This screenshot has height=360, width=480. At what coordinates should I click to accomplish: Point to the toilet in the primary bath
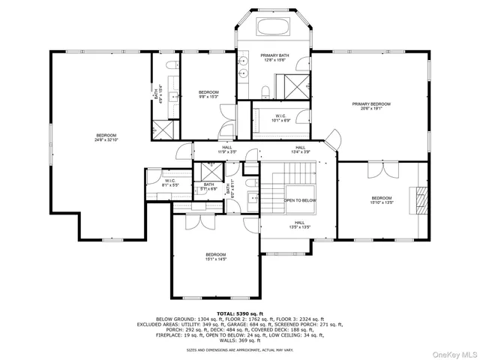pyautogui.click(x=265, y=91)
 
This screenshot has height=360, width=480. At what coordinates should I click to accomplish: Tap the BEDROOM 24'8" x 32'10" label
pyautogui.click(x=105, y=137)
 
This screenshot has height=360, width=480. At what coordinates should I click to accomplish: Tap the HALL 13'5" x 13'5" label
pyautogui.click(x=298, y=224)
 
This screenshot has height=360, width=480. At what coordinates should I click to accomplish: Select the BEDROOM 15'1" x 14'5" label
pyautogui.click(x=215, y=257)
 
